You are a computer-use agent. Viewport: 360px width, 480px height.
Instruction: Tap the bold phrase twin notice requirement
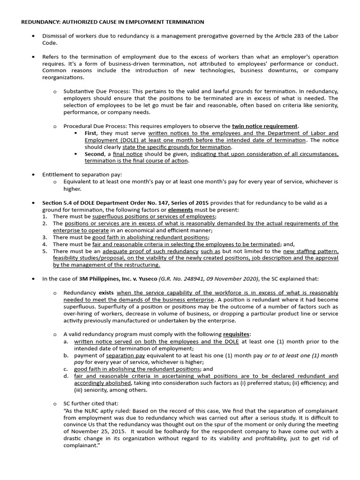click(x=265, y=126)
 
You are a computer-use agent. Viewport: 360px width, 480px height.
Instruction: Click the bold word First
click(x=92, y=133)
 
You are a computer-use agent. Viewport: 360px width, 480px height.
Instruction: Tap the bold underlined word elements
click(x=180, y=210)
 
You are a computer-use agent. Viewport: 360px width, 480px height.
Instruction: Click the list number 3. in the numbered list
click(x=45, y=237)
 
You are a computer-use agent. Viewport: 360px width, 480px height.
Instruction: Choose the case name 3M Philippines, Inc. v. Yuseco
click(x=118, y=278)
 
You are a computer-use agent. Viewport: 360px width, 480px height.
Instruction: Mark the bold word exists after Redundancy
click(x=106, y=292)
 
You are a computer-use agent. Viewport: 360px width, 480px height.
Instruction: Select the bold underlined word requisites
click(x=236, y=334)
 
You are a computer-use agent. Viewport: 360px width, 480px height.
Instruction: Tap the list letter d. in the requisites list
click(x=66, y=376)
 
